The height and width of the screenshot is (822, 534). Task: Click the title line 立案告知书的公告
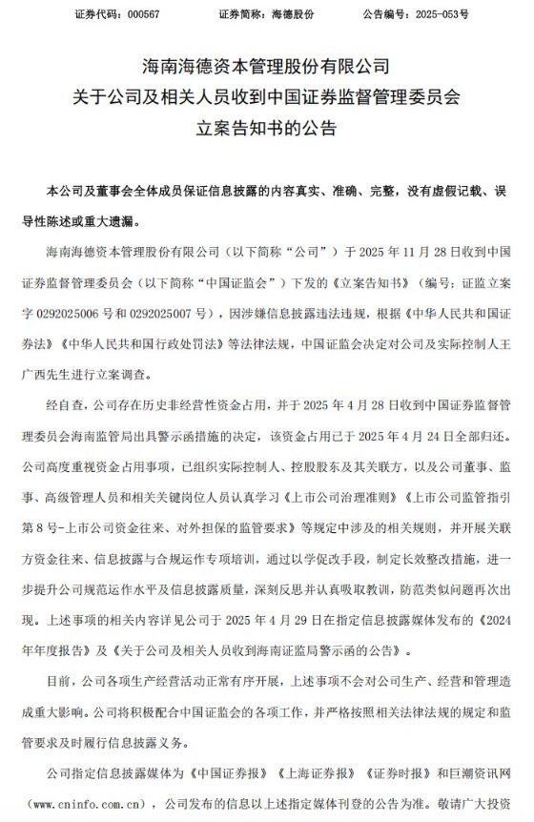pyautogui.click(x=267, y=127)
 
